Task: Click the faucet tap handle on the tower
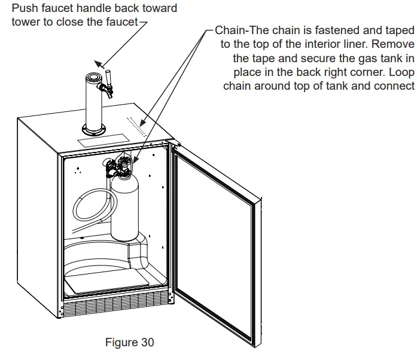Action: click(110, 78)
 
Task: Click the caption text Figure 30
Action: click(129, 343)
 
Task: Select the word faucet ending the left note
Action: click(121, 22)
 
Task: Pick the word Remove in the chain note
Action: click(397, 44)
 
